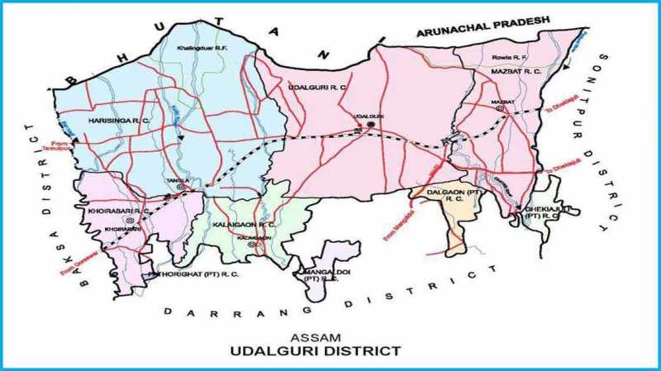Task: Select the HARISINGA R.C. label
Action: pyautogui.click(x=119, y=121)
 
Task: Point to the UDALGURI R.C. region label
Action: pyautogui.click(x=317, y=86)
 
